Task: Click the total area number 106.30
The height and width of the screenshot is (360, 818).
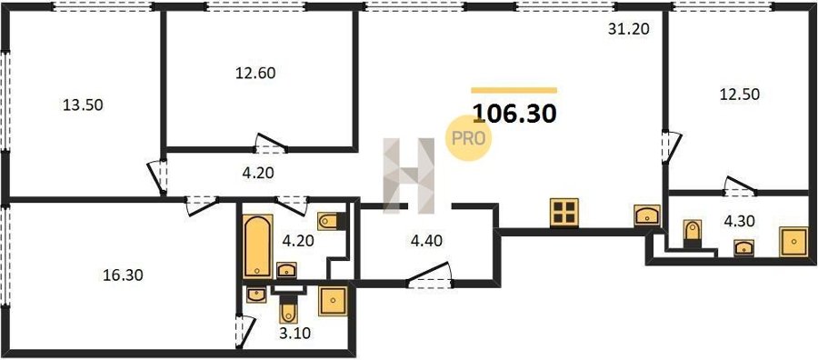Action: pyautogui.click(x=514, y=114)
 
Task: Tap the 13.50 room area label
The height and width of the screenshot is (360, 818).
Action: pyautogui.click(x=83, y=105)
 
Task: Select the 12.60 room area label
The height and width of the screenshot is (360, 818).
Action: pyautogui.click(x=255, y=73)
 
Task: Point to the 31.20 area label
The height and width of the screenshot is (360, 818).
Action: pyautogui.click(x=629, y=29)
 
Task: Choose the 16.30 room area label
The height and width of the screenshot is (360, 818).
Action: pyautogui.click(x=123, y=275)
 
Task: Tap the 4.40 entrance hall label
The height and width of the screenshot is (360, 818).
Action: pyautogui.click(x=427, y=241)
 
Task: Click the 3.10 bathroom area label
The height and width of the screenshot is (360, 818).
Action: pyautogui.click(x=294, y=333)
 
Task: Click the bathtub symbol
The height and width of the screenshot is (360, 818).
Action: pyautogui.click(x=258, y=245)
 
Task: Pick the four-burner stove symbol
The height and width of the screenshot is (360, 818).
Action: pyautogui.click(x=564, y=213)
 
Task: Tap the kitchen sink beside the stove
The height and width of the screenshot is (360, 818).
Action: pyautogui.click(x=647, y=215)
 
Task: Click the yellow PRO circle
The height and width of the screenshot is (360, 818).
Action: pyautogui.click(x=468, y=138)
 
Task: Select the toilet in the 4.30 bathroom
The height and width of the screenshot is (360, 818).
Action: pyautogui.click(x=693, y=233)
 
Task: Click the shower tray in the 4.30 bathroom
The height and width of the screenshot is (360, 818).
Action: pyautogui.click(x=793, y=242)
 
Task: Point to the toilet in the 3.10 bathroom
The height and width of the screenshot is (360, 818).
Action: pyautogui.click(x=288, y=309)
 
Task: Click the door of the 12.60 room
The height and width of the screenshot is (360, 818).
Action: pyautogui.click(x=271, y=144)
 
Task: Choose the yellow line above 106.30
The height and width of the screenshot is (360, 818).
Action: pyautogui.click(x=514, y=90)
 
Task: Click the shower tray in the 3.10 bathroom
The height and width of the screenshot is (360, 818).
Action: pyautogui.click(x=333, y=301)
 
